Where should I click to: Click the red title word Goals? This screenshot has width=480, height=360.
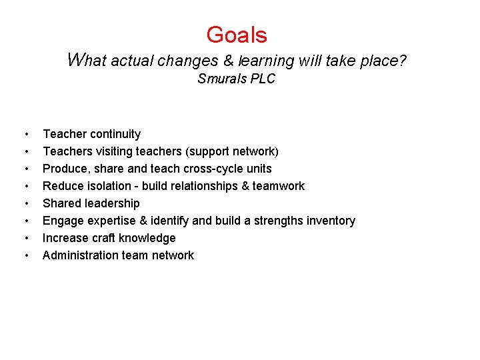[237, 35]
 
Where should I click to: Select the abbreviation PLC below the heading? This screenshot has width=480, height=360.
[263, 79]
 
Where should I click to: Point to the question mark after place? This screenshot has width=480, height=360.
[402, 61]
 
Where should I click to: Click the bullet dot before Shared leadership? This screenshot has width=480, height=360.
[25, 204]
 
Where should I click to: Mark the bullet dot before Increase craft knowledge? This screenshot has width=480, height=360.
[25, 239]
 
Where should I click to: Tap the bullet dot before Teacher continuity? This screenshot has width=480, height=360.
[25, 135]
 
